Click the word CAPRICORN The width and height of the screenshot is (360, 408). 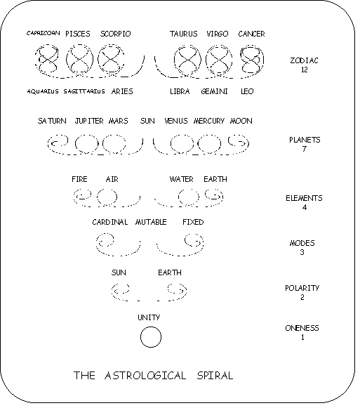(x=44, y=33)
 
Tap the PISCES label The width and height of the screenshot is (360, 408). (x=78, y=34)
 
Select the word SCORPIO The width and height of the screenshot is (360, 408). (x=116, y=34)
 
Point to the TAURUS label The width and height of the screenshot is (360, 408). (x=184, y=34)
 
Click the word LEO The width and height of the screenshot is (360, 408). (x=247, y=91)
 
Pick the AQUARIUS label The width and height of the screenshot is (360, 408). (x=43, y=91)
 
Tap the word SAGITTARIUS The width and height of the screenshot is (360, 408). (x=84, y=91)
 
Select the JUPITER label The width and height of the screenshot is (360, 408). (x=89, y=121)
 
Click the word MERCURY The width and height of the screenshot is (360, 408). (x=209, y=121)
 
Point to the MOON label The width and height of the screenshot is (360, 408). (x=241, y=121)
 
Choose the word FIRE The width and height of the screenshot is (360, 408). (x=79, y=179)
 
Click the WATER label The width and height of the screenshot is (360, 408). (x=182, y=179)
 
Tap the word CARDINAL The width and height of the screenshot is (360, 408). (x=110, y=222)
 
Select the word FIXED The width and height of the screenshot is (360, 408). (x=193, y=222)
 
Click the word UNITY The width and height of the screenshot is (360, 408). (x=149, y=317)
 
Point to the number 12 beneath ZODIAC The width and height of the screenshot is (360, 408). (x=305, y=70)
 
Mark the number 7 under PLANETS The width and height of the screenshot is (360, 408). (x=305, y=149)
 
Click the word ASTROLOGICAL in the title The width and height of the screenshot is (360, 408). (x=145, y=376)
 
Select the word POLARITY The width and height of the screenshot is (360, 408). (x=302, y=288)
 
